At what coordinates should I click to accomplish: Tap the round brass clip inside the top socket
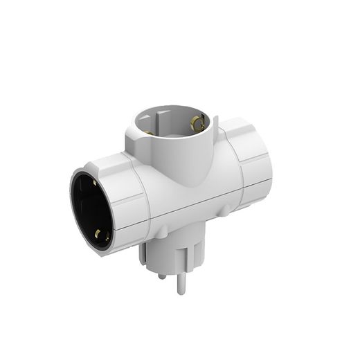(x=197, y=123)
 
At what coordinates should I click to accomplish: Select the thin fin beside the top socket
(x=217, y=128)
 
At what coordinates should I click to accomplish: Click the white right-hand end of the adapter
(x=249, y=166)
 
